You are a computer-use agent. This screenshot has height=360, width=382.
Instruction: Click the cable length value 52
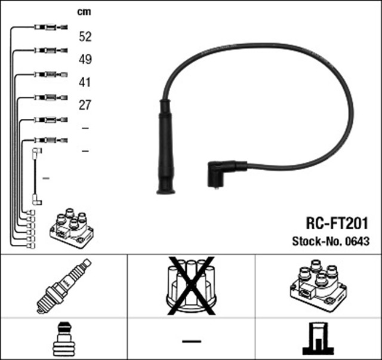click(x=85, y=37)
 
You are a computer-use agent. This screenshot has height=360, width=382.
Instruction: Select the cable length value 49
click(x=85, y=60)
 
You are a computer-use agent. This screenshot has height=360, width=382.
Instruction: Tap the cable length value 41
click(x=85, y=82)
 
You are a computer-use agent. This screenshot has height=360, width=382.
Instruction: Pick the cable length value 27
click(x=85, y=105)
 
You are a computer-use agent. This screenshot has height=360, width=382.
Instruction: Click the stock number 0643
click(x=359, y=242)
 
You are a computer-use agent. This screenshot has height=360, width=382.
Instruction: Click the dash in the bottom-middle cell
click(x=191, y=341)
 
